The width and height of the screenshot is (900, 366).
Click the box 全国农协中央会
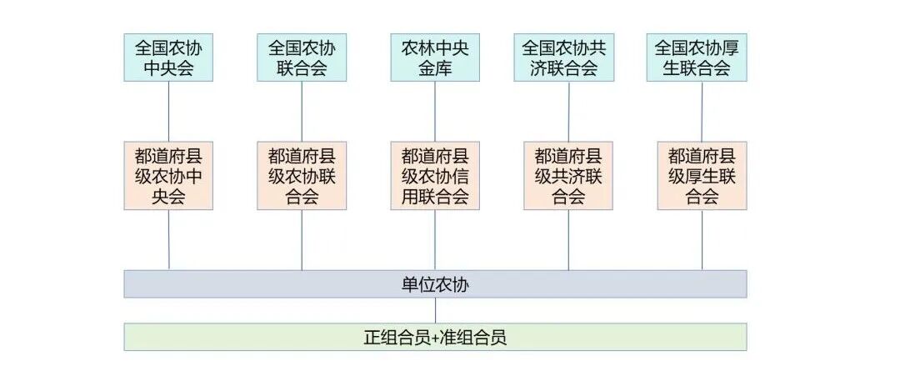click(x=168, y=58)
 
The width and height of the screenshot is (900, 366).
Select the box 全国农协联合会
click(x=302, y=58)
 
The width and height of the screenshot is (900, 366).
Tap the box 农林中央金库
click(x=435, y=58)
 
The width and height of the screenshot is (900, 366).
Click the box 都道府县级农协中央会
click(x=168, y=176)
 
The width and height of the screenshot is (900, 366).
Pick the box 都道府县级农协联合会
click(x=302, y=176)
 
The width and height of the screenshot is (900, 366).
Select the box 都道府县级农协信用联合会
click(x=435, y=176)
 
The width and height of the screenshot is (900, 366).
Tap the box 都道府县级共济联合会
click(x=568, y=176)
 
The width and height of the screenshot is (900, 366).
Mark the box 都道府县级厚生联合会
click(x=702, y=176)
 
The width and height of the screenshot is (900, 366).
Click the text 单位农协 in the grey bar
click(x=435, y=284)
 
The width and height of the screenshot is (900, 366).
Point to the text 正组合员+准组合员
click(x=435, y=338)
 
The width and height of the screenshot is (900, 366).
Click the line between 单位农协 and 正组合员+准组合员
click(x=435, y=311)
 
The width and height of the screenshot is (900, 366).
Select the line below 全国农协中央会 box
click(x=169, y=111)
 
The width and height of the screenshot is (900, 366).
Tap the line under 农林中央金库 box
click(x=435, y=111)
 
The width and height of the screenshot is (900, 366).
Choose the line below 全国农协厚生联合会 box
click(x=702, y=111)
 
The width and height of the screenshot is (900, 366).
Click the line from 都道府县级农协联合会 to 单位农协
click(x=302, y=240)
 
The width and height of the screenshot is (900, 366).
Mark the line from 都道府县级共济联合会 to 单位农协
click(x=568, y=240)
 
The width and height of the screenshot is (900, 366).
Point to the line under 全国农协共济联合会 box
click(x=568, y=111)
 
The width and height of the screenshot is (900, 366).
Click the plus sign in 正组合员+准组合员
click(x=435, y=338)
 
